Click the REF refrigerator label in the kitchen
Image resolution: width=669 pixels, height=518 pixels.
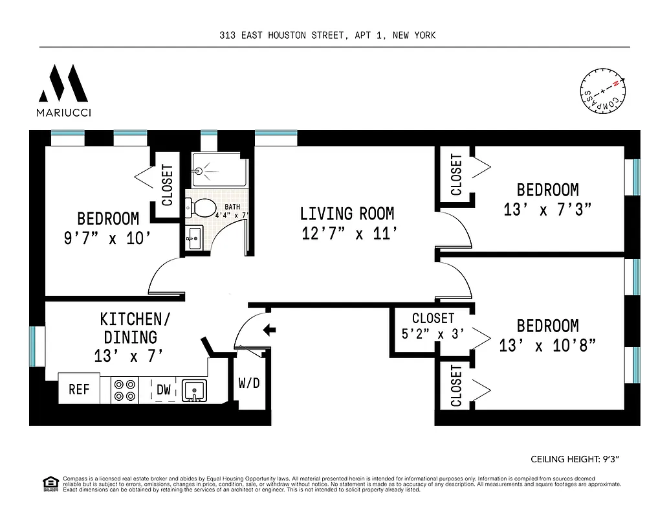click(79, 390)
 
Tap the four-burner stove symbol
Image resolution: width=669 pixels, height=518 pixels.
click(125, 390)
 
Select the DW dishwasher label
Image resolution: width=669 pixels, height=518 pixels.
click(164, 390)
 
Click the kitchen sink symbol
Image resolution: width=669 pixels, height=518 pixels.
click(192, 390)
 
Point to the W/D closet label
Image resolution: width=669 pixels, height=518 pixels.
click(249, 383)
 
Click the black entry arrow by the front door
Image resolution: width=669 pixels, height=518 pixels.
click(270, 330)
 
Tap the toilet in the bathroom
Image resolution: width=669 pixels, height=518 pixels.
click(201, 207)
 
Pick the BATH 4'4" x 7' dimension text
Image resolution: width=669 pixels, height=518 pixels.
click(232, 210)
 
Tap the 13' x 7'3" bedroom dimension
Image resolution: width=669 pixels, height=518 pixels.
click(547, 210)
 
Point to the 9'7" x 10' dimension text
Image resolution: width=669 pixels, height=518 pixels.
click(107, 238)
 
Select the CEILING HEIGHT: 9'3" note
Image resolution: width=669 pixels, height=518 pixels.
click(575, 459)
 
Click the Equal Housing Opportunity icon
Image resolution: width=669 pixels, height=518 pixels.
click(48, 482)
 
